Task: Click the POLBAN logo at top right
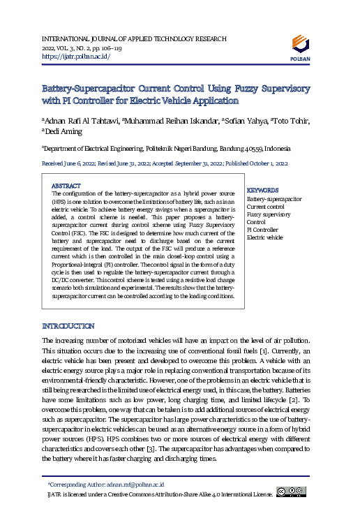tap(301, 47)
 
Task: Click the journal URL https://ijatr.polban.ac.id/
tap(76, 56)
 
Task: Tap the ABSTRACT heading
tap(67, 186)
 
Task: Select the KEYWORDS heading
tap(263, 190)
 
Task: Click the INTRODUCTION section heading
tap(68, 326)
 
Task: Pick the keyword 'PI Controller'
tap(263, 229)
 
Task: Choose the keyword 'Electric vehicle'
tap(265, 237)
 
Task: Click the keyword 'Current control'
tap(266, 207)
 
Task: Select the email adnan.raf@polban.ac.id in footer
tap(135, 484)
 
